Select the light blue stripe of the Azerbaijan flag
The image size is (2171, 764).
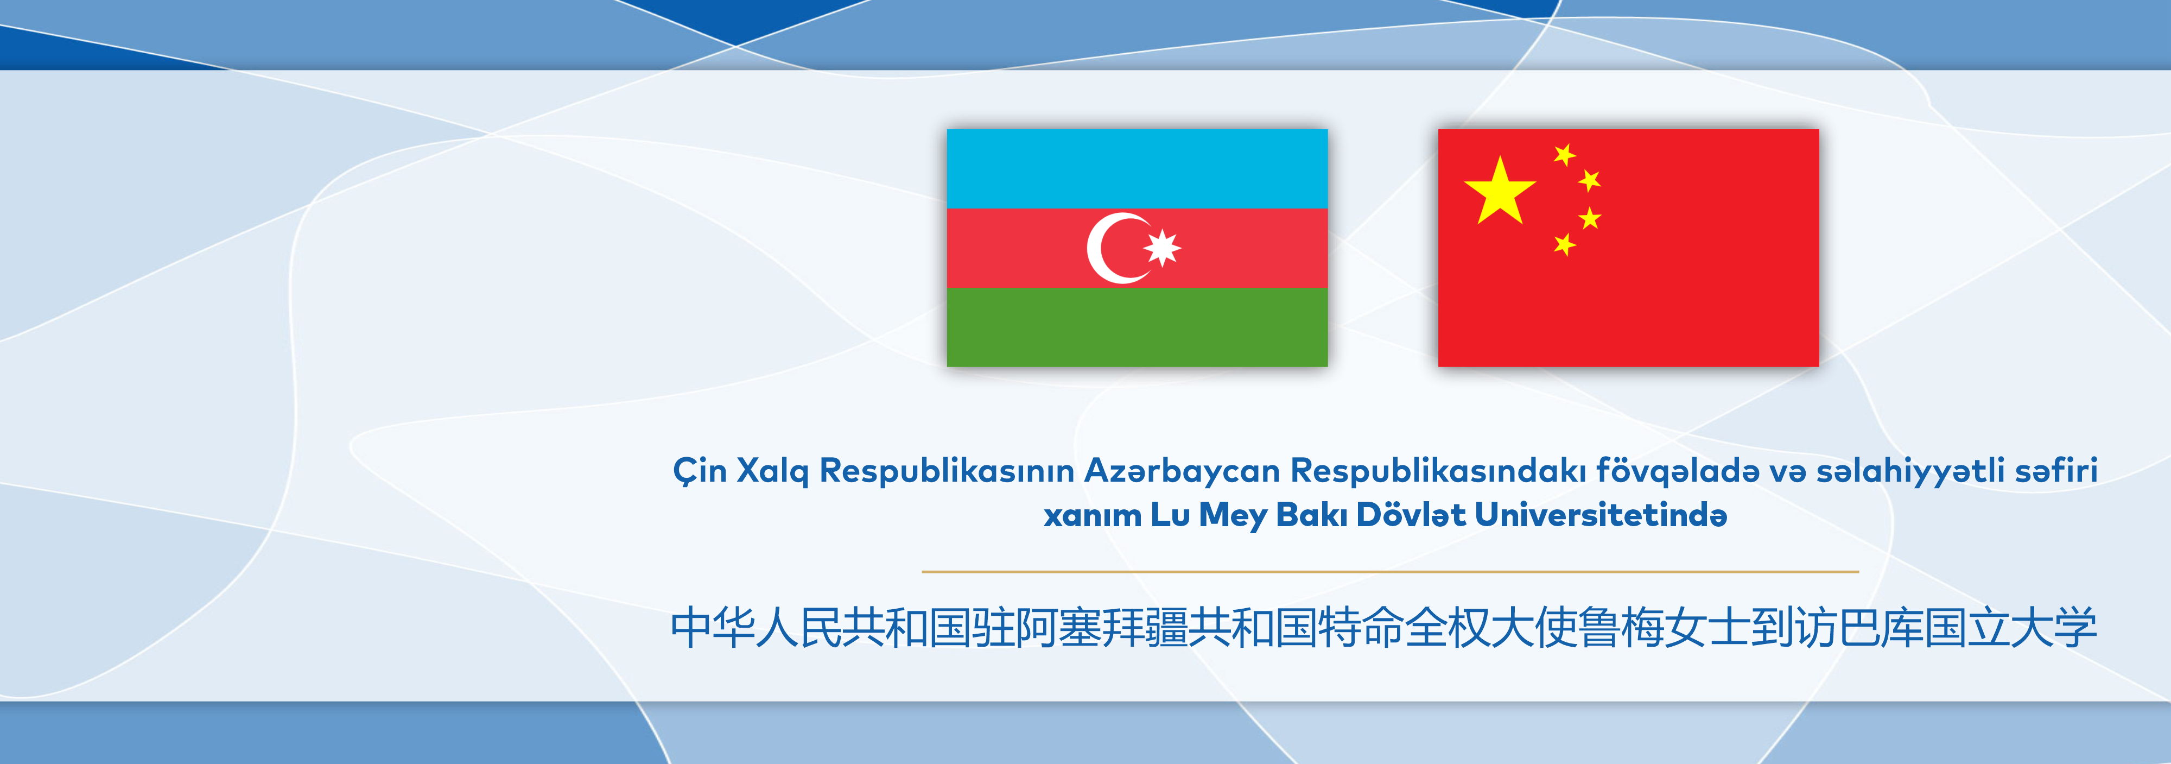tap(1137, 169)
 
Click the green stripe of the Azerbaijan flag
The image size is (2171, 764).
tap(1137, 327)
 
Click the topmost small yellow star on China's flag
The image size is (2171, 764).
tap(1565, 154)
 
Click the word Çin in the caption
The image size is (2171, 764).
tap(700, 471)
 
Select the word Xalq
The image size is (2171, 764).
tap(772, 471)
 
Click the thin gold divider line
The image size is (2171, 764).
tap(1390, 572)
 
